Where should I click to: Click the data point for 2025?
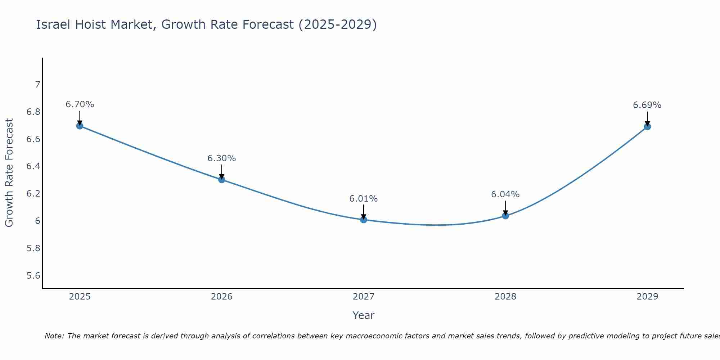80,126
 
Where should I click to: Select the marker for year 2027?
363,220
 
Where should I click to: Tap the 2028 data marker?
505,216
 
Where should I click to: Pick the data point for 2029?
647,126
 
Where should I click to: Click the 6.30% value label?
221,158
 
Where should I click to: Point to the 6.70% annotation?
80,104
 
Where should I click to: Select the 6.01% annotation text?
363,199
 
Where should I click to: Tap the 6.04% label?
505,194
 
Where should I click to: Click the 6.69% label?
647,105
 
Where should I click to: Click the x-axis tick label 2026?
221,297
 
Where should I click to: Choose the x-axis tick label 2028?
505,297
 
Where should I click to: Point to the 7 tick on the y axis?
37,85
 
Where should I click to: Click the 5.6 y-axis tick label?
33,276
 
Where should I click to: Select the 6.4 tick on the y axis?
33,166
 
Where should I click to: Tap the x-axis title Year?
363,315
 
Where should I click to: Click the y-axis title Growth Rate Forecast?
9,173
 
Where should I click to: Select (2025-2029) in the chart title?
337,24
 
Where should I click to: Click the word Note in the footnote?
54,336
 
